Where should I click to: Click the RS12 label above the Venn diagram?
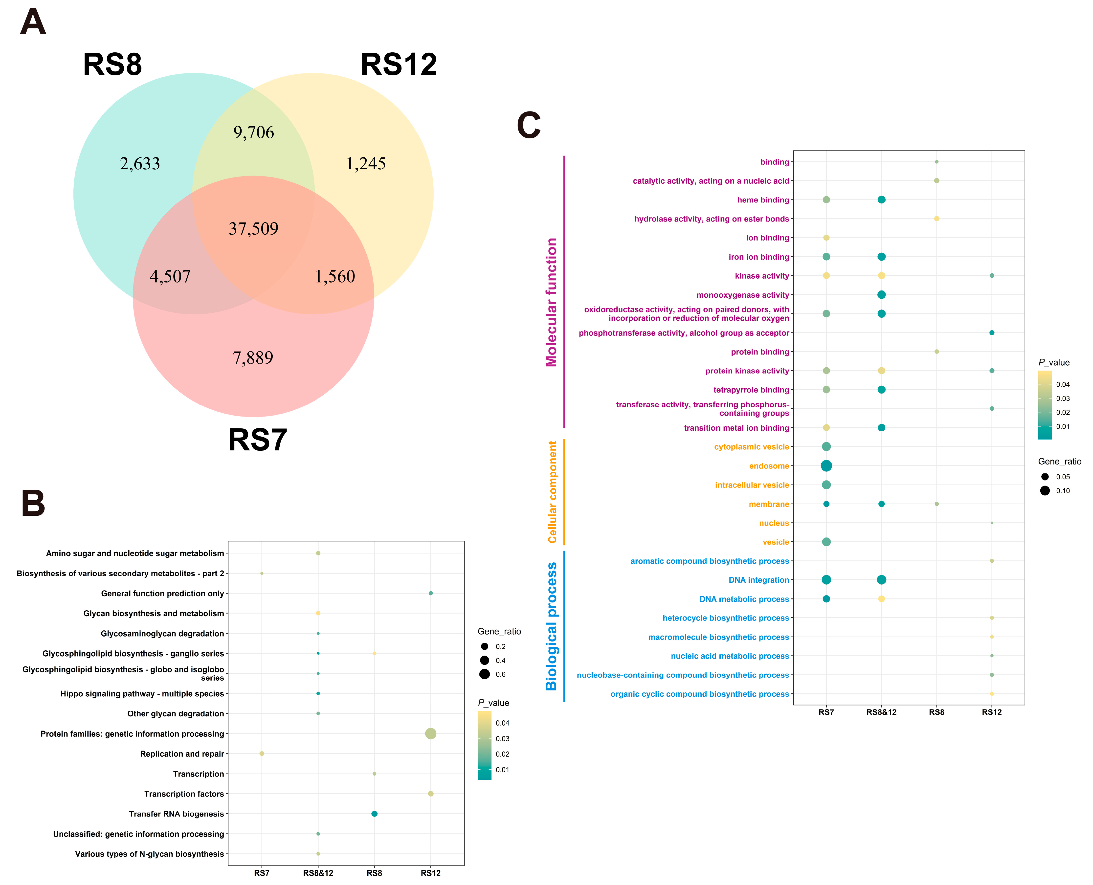[398, 65]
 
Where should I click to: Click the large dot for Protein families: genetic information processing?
[430, 734]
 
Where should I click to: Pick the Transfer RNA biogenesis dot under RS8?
[374, 814]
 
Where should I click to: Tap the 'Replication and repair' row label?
[182, 753]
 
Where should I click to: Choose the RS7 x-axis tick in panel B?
[262, 873]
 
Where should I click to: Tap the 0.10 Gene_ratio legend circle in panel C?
[1045, 490]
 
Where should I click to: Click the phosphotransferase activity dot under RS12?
[992, 333]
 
